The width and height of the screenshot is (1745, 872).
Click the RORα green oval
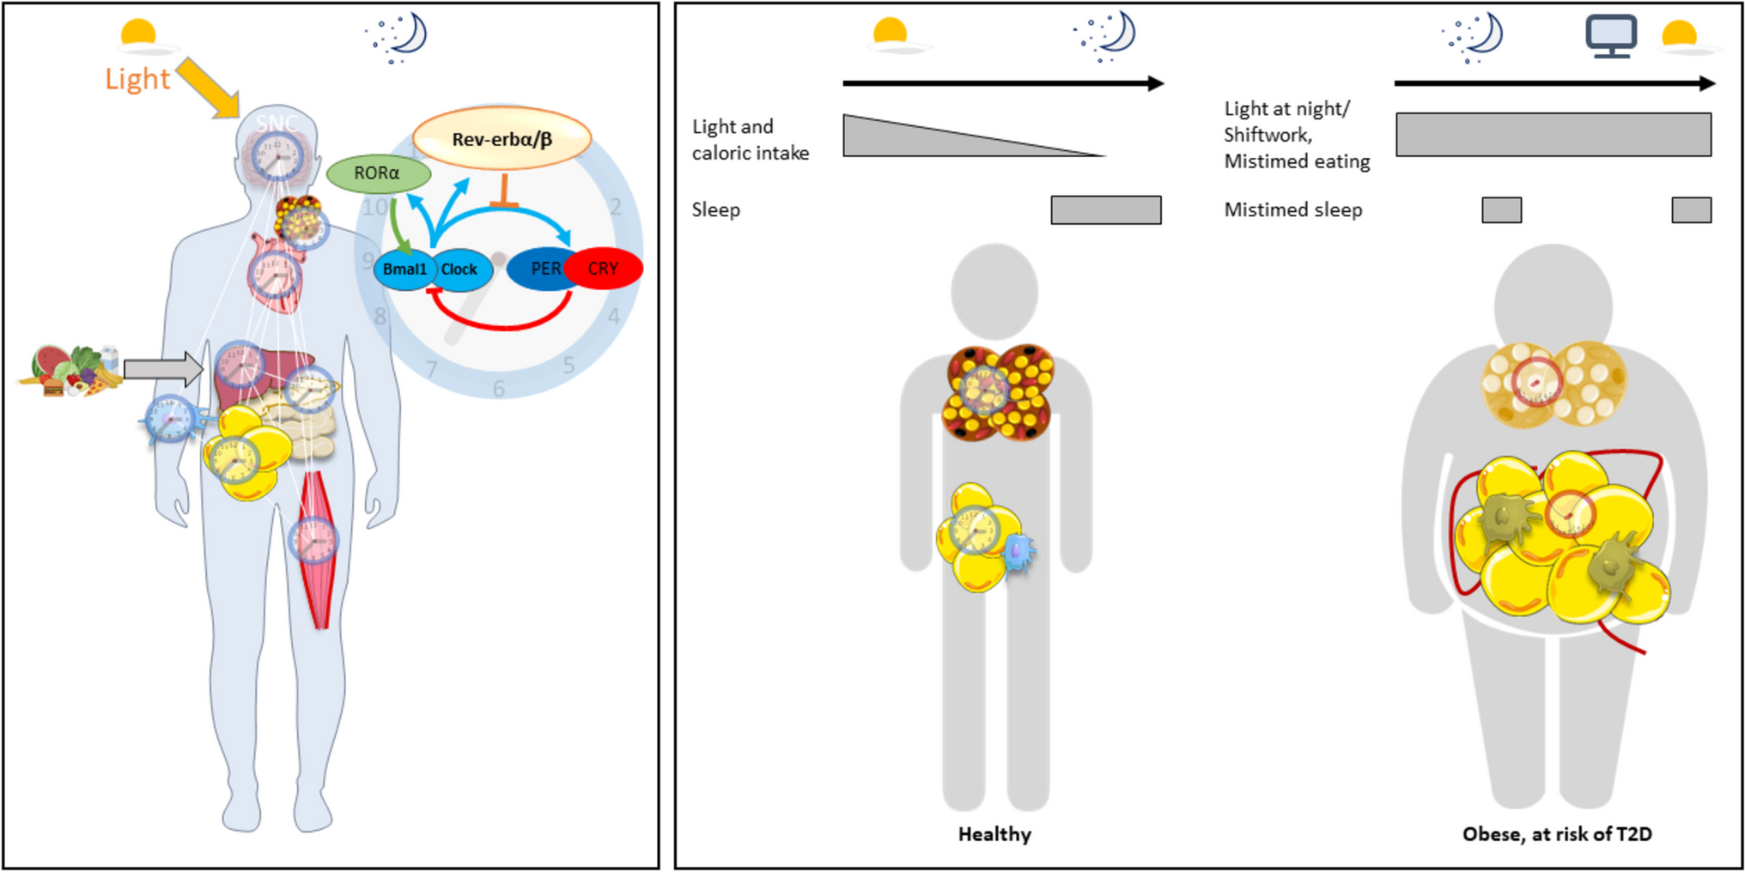tap(378, 173)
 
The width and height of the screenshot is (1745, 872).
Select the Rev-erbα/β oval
tap(502, 138)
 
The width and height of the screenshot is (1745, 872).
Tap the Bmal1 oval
tap(404, 269)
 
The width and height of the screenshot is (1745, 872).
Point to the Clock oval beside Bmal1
tap(462, 269)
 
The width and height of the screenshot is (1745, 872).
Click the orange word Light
tap(137, 79)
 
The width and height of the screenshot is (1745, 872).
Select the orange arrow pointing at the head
tap(208, 88)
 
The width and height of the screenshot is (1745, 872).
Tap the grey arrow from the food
tap(162, 369)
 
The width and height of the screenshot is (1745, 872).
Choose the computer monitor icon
tap(1610, 37)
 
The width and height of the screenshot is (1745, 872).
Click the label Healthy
tap(994, 833)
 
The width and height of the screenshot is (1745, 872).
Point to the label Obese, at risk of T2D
tap(1557, 833)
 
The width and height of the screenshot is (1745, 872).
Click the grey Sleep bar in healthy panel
tap(1106, 210)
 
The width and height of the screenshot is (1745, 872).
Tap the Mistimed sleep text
tap(1293, 210)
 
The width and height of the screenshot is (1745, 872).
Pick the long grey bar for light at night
tap(1553, 135)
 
